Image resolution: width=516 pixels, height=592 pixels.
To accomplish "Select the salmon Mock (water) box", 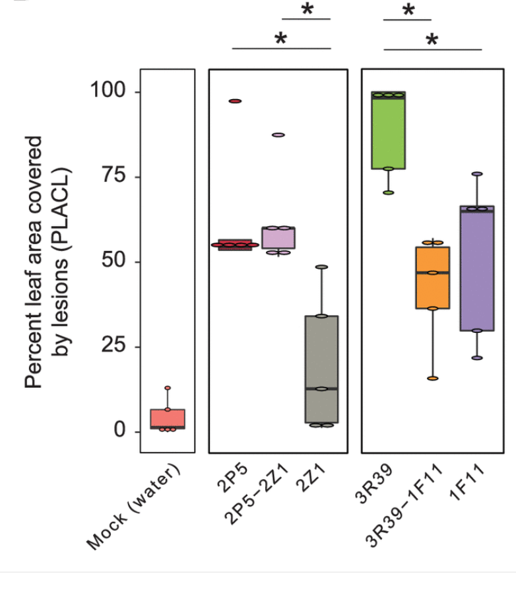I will pyautogui.click(x=168, y=420).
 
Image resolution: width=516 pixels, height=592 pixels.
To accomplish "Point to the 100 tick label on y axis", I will pyautogui.click(x=108, y=92).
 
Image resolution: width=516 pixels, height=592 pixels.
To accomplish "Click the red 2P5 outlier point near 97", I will pyautogui.click(x=235, y=101).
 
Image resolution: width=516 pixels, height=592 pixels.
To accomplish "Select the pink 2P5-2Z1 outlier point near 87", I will pyautogui.click(x=278, y=135).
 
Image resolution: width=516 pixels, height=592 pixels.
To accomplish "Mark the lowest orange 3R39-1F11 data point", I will pyautogui.click(x=432, y=379).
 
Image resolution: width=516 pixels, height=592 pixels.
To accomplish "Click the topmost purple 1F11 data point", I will pyautogui.click(x=477, y=174).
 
